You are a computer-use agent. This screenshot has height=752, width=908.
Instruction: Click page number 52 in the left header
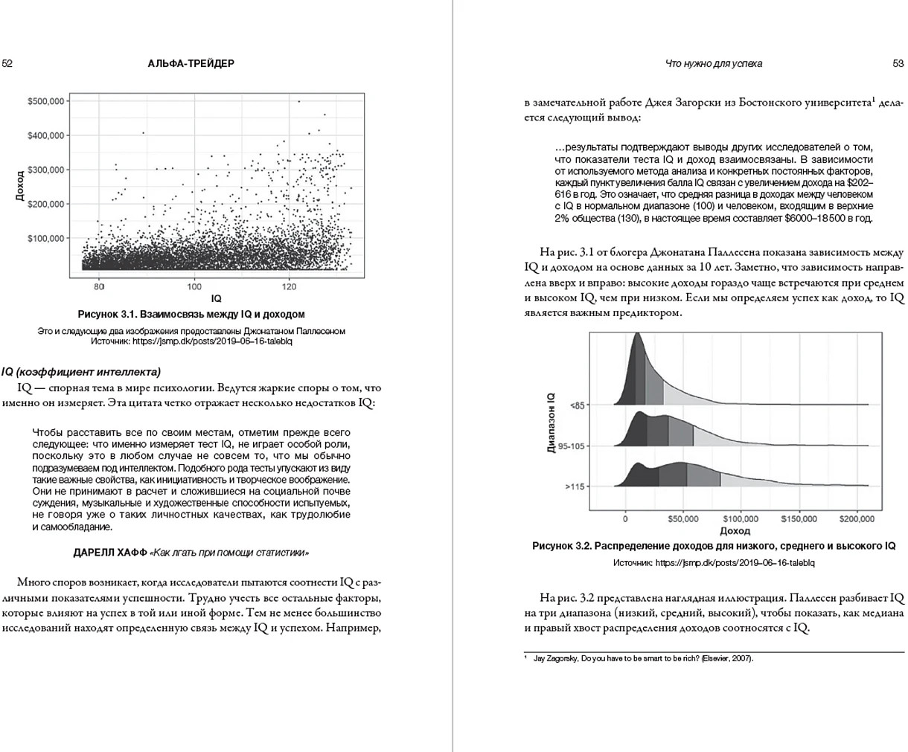point(7,64)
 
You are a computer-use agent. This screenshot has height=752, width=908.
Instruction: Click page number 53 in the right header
point(898,64)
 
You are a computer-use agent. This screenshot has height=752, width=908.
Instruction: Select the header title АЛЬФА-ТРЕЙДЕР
point(191,64)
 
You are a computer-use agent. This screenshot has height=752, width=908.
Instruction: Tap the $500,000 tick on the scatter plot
point(46,101)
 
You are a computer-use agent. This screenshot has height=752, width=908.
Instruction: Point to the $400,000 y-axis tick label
point(46,135)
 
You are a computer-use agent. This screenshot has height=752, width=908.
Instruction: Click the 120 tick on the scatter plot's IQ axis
point(290,286)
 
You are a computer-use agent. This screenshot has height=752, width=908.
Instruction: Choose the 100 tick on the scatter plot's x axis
point(194,286)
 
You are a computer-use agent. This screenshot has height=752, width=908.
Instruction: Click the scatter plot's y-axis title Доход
point(20,186)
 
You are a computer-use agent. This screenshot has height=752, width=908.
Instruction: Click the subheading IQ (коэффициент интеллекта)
point(81,372)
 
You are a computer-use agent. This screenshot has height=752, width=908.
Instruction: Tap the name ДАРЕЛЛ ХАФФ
point(110,553)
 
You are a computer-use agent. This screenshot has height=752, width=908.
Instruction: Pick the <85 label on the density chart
point(578,405)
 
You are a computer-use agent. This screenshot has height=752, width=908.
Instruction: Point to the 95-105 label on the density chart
point(572,446)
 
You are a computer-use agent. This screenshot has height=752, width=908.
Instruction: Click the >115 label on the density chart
point(576,486)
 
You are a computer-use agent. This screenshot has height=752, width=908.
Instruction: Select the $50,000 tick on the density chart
point(683,519)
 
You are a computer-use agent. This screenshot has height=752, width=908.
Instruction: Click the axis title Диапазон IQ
point(551,423)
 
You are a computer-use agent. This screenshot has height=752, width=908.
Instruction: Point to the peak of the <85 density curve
point(637,334)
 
